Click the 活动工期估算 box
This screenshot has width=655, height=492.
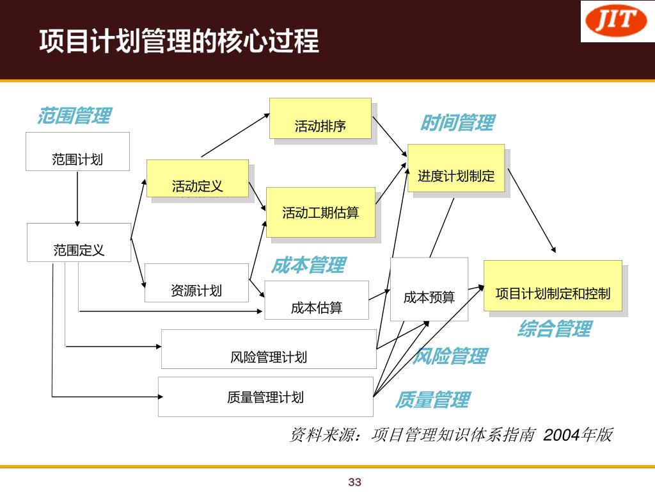pos(320,212)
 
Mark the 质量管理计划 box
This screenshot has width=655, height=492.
pos(265,397)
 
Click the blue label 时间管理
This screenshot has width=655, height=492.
pos(457,122)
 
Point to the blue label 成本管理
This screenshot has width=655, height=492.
pos(308,265)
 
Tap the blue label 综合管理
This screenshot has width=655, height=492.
pos(554,329)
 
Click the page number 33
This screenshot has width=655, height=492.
pos(355,482)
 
